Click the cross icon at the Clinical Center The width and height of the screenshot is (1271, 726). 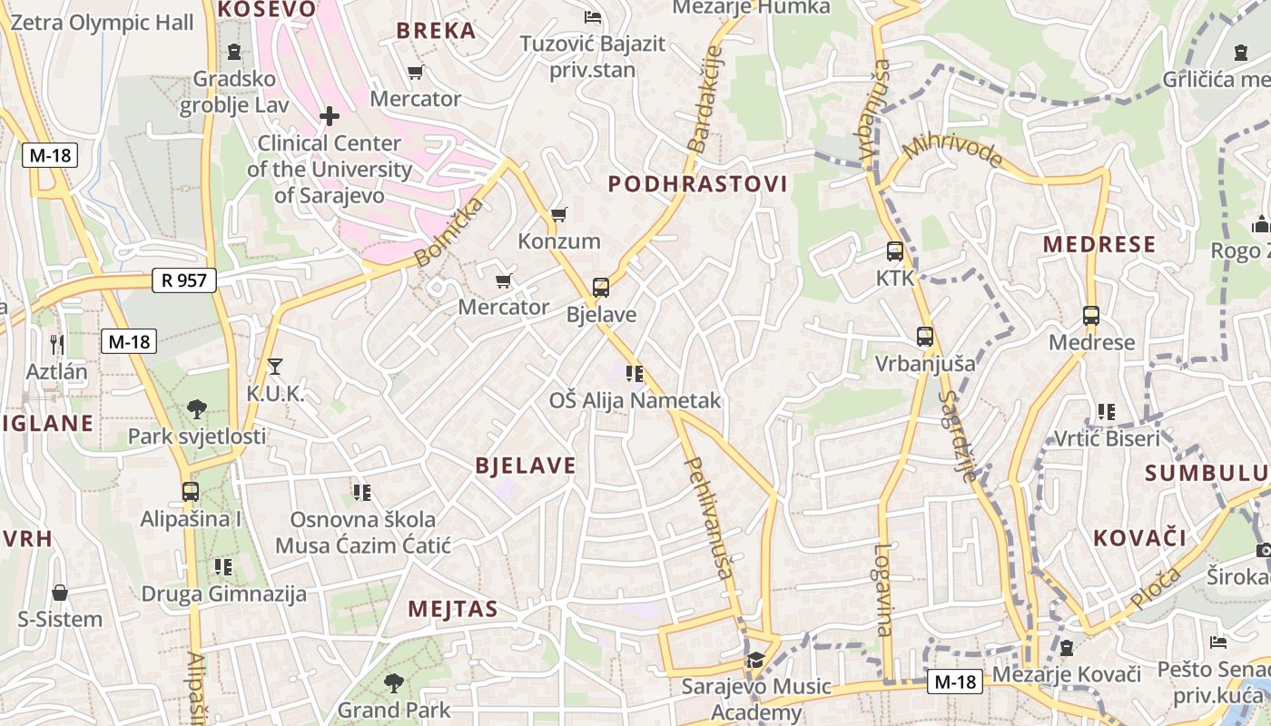click(x=330, y=116)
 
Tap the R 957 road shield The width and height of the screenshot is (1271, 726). click(x=184, y=280)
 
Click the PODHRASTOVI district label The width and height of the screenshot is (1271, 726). click(x=697, y=184)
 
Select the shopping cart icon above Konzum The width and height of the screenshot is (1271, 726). click(x=558, y=215)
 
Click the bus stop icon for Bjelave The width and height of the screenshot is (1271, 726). click(x=601, y=288)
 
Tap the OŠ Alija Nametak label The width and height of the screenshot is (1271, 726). click(x=635, y=400)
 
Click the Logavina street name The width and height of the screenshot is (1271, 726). click(x=883, y=589)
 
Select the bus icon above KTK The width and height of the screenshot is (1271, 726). click(x=894, y=251)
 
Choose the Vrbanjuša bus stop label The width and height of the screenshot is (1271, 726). click(x=925, y=364)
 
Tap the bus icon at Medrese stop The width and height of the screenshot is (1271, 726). click(x=1091, y=316)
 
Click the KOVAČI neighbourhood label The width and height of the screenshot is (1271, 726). click(x=1139, y=537)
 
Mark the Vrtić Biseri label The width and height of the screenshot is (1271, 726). click(x=1107, y=439)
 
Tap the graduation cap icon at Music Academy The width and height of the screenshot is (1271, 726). click(x=755, y=660)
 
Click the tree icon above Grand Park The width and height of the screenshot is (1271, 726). click(x=393, y=682)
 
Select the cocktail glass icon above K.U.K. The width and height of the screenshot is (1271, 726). click(x=275, y=367)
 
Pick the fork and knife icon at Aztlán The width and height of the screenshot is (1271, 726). click(x=57, y=345)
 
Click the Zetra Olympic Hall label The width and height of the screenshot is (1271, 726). click(x=102, y=23)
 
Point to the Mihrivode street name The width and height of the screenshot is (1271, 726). click(x=952, y=152)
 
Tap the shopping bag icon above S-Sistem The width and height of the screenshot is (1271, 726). click(x=60, y=594)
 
